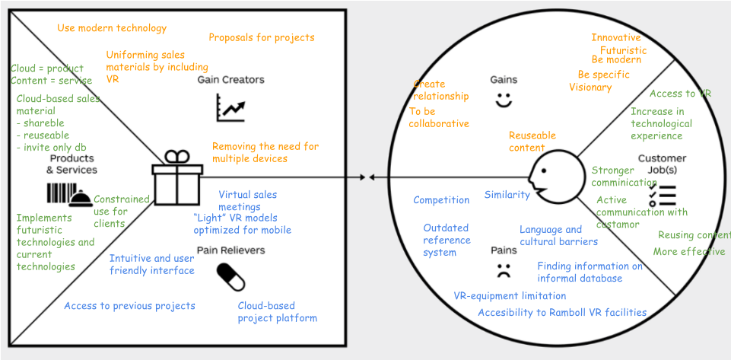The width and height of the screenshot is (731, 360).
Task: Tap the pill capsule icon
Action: (230, 277)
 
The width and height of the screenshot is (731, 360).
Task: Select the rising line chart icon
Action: (230, 107)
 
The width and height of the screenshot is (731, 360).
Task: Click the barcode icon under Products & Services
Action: (60, 194)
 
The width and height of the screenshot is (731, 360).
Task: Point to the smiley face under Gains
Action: (503, 100)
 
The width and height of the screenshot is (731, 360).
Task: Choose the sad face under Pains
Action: (503, 269)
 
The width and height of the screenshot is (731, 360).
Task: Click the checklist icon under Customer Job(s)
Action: (663, 196)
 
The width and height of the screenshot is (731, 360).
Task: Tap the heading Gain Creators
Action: (230, 79)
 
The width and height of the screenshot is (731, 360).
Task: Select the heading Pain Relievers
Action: (230, 250)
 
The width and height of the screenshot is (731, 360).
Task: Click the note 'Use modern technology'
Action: (112, 28)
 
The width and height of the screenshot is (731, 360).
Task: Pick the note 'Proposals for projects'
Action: (261, 37)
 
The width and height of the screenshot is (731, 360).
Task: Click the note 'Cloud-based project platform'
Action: (277, 312)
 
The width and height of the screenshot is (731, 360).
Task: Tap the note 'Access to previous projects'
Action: (129, 306)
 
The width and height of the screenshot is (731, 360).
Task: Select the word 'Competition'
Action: (441, 200)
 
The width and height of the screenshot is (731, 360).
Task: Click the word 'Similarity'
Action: (507, 195)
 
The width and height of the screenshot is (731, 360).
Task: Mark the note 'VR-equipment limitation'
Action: (510, 296)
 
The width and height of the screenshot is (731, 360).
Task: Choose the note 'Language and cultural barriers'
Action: (558, 235)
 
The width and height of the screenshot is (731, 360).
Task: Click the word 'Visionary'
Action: (590, 87)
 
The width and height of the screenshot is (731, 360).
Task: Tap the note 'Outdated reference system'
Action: (446, 240)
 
